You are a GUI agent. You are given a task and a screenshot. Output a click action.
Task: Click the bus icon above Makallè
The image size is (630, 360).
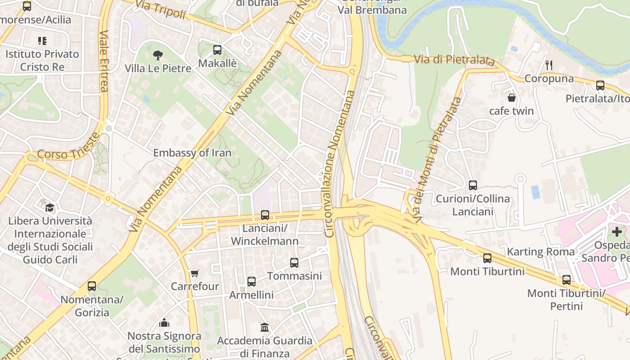pos(217,50)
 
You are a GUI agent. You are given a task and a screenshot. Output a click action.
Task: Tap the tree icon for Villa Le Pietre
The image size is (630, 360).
pos(157,55)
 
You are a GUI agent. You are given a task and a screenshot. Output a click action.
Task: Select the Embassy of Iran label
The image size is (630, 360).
pos(192,153)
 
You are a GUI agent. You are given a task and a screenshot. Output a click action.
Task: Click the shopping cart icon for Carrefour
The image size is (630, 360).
pos(194,273)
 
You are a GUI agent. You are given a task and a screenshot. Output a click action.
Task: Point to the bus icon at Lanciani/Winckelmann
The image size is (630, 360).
pos(265,215)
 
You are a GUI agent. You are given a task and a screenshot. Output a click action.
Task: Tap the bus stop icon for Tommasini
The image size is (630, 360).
pos(294,263)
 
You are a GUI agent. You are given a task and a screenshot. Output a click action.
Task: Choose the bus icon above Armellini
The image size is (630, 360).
pos(252,282)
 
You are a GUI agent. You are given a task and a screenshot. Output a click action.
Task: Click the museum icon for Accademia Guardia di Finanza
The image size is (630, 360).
pos(265,327)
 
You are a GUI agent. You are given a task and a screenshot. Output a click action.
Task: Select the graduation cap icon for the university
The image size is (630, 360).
pos(49,207)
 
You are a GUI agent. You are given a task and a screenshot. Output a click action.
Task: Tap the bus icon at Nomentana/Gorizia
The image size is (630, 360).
pos(92,286)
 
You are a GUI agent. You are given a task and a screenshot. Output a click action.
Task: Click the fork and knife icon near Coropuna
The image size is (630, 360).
pos(549,65)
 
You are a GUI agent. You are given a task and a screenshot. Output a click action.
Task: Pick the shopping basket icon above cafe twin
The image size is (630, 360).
pos(512,98)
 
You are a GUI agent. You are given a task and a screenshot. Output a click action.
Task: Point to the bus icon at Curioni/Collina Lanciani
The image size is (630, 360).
pos(473,185)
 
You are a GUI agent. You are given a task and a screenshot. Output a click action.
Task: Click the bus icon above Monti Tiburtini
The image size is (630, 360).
pos(487,258)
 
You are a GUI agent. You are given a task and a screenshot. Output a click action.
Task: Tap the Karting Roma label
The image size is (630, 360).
pos(541,252)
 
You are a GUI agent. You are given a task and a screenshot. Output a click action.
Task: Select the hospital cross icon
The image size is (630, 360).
pos(617,232)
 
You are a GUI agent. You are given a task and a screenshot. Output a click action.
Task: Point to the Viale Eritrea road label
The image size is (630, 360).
pos(104,61)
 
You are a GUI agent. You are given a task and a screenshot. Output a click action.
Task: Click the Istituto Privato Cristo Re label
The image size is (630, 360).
pos(42,60)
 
